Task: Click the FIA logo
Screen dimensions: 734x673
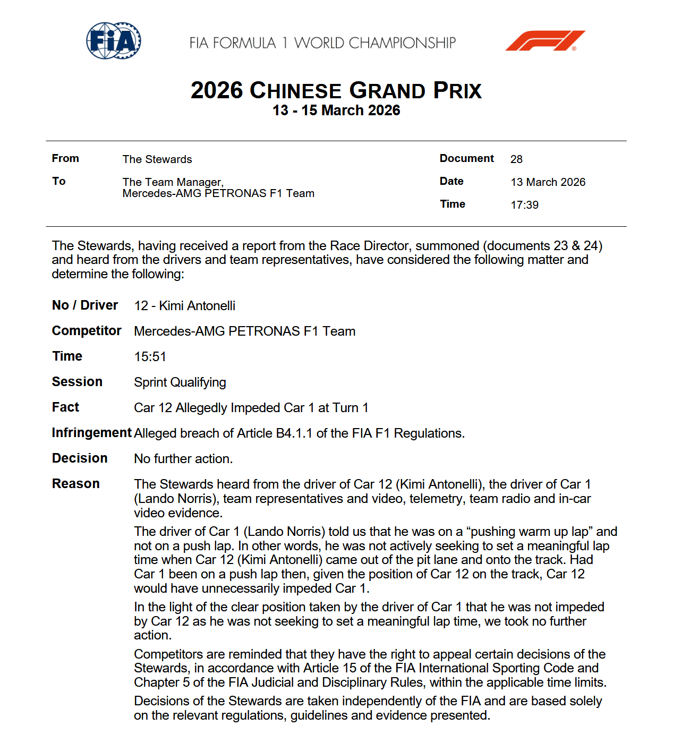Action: pos(114,40)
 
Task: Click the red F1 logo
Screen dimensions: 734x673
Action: pos(545,41)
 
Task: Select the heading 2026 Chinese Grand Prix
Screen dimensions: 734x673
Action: pos(336,91)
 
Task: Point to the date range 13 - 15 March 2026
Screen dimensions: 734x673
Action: pos(336,110)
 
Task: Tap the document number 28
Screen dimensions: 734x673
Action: pos(516,159)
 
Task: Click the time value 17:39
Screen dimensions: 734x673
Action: pos(524,205)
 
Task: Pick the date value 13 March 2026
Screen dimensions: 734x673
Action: pos(548,182)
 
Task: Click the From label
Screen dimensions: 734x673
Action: pos(65,158)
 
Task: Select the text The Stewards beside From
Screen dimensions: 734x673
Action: pos(157,159)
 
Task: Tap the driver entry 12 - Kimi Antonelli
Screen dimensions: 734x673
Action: pos(184,306)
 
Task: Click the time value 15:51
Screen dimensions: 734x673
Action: pos(150,357)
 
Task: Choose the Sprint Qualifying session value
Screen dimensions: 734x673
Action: pos(180,382)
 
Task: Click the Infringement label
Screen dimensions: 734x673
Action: pos(91,433)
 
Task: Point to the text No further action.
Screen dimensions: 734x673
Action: pos(183,459)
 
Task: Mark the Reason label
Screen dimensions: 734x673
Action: pos(76,484)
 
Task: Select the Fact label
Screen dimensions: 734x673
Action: pos(65,407)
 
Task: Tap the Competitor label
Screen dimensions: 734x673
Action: pos(87,331)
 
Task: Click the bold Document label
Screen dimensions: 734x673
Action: pos(466,158)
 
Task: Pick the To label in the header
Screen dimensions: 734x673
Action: pos(59,181)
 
